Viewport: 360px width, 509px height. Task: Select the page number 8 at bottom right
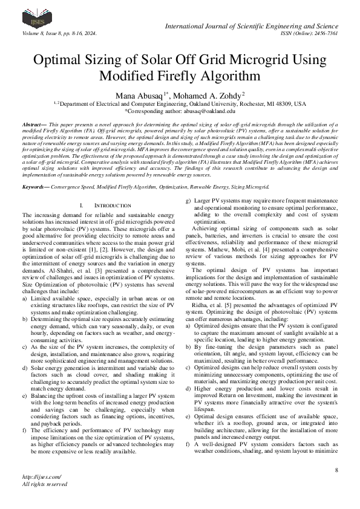pyautogui.click(x=336, y=470)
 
